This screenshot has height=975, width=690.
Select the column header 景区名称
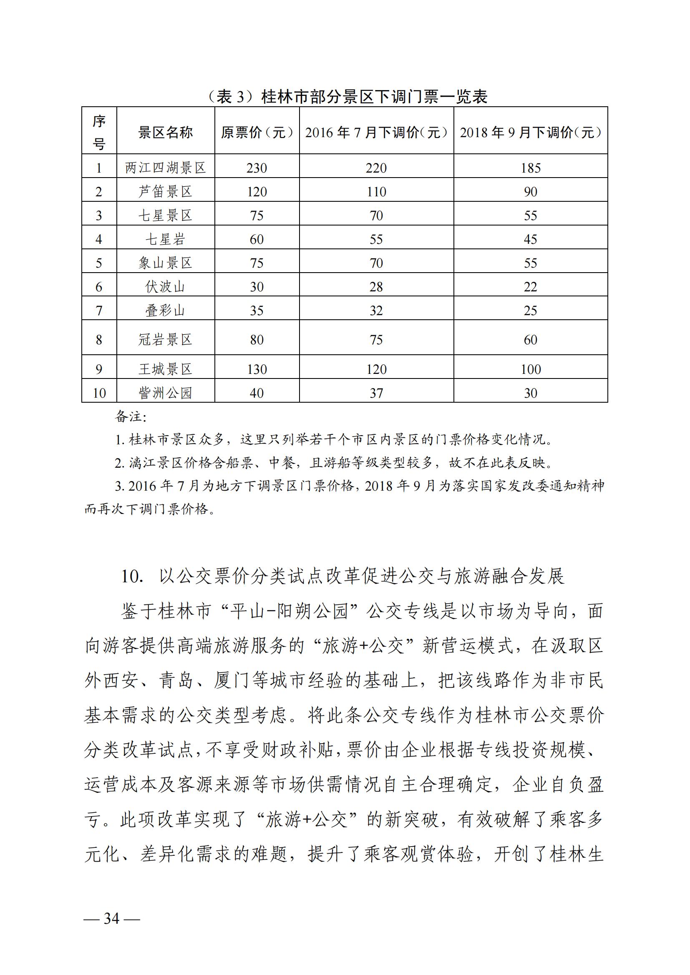click(x=165, y=133)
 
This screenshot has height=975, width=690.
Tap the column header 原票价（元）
click(x=257, y=133)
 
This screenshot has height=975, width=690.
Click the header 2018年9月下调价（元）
click(x=531, y=133)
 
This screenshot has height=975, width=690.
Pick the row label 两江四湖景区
click(x=165, y=168)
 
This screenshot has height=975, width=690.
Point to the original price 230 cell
click(x=257, y=168)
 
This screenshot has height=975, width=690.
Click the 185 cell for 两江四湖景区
click(x=531, y=168)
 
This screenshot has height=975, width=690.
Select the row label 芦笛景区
click(x=165, y=191)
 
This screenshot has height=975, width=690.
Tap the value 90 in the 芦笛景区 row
click(x=531, y=191)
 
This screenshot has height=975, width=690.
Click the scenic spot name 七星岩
click(x=165, y=239)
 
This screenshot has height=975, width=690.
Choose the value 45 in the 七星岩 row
click(x=531, y=239)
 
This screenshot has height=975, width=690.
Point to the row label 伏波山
click(x=165, y=287)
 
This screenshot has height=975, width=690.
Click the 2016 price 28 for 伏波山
click(x=376, y=287)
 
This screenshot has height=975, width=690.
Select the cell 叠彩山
click(x=165, y=311)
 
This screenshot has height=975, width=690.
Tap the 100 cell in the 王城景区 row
click(x=531, y=369)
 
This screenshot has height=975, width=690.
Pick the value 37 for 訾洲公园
click(x=376, y=393)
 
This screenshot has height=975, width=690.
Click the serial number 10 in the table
click(x=99, y=393)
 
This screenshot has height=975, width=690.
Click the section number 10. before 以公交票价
click(x=132, y=576)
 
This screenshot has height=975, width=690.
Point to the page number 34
click(x=112, y=919)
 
